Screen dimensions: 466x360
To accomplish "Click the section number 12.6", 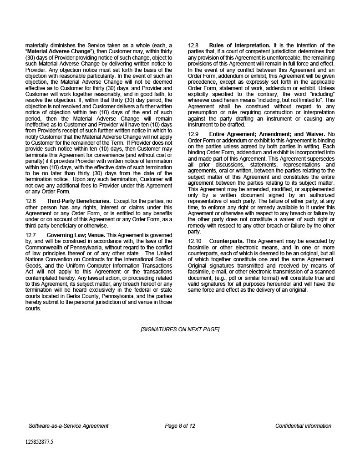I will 30,201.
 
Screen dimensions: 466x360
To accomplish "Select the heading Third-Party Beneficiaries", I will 78,201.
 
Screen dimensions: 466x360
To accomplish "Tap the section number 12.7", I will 30,235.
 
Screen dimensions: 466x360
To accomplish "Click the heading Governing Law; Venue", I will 76,235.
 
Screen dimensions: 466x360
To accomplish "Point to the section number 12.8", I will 193,46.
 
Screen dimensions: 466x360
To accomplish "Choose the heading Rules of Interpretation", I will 239,46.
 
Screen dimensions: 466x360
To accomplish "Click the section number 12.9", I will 193,134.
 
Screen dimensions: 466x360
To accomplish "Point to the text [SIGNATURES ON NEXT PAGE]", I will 180,329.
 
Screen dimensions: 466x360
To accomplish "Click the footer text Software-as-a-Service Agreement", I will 69,426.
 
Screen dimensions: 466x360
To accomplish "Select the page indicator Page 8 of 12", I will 180,426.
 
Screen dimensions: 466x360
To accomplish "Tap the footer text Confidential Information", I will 303,426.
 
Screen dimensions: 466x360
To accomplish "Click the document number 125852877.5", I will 39,441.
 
